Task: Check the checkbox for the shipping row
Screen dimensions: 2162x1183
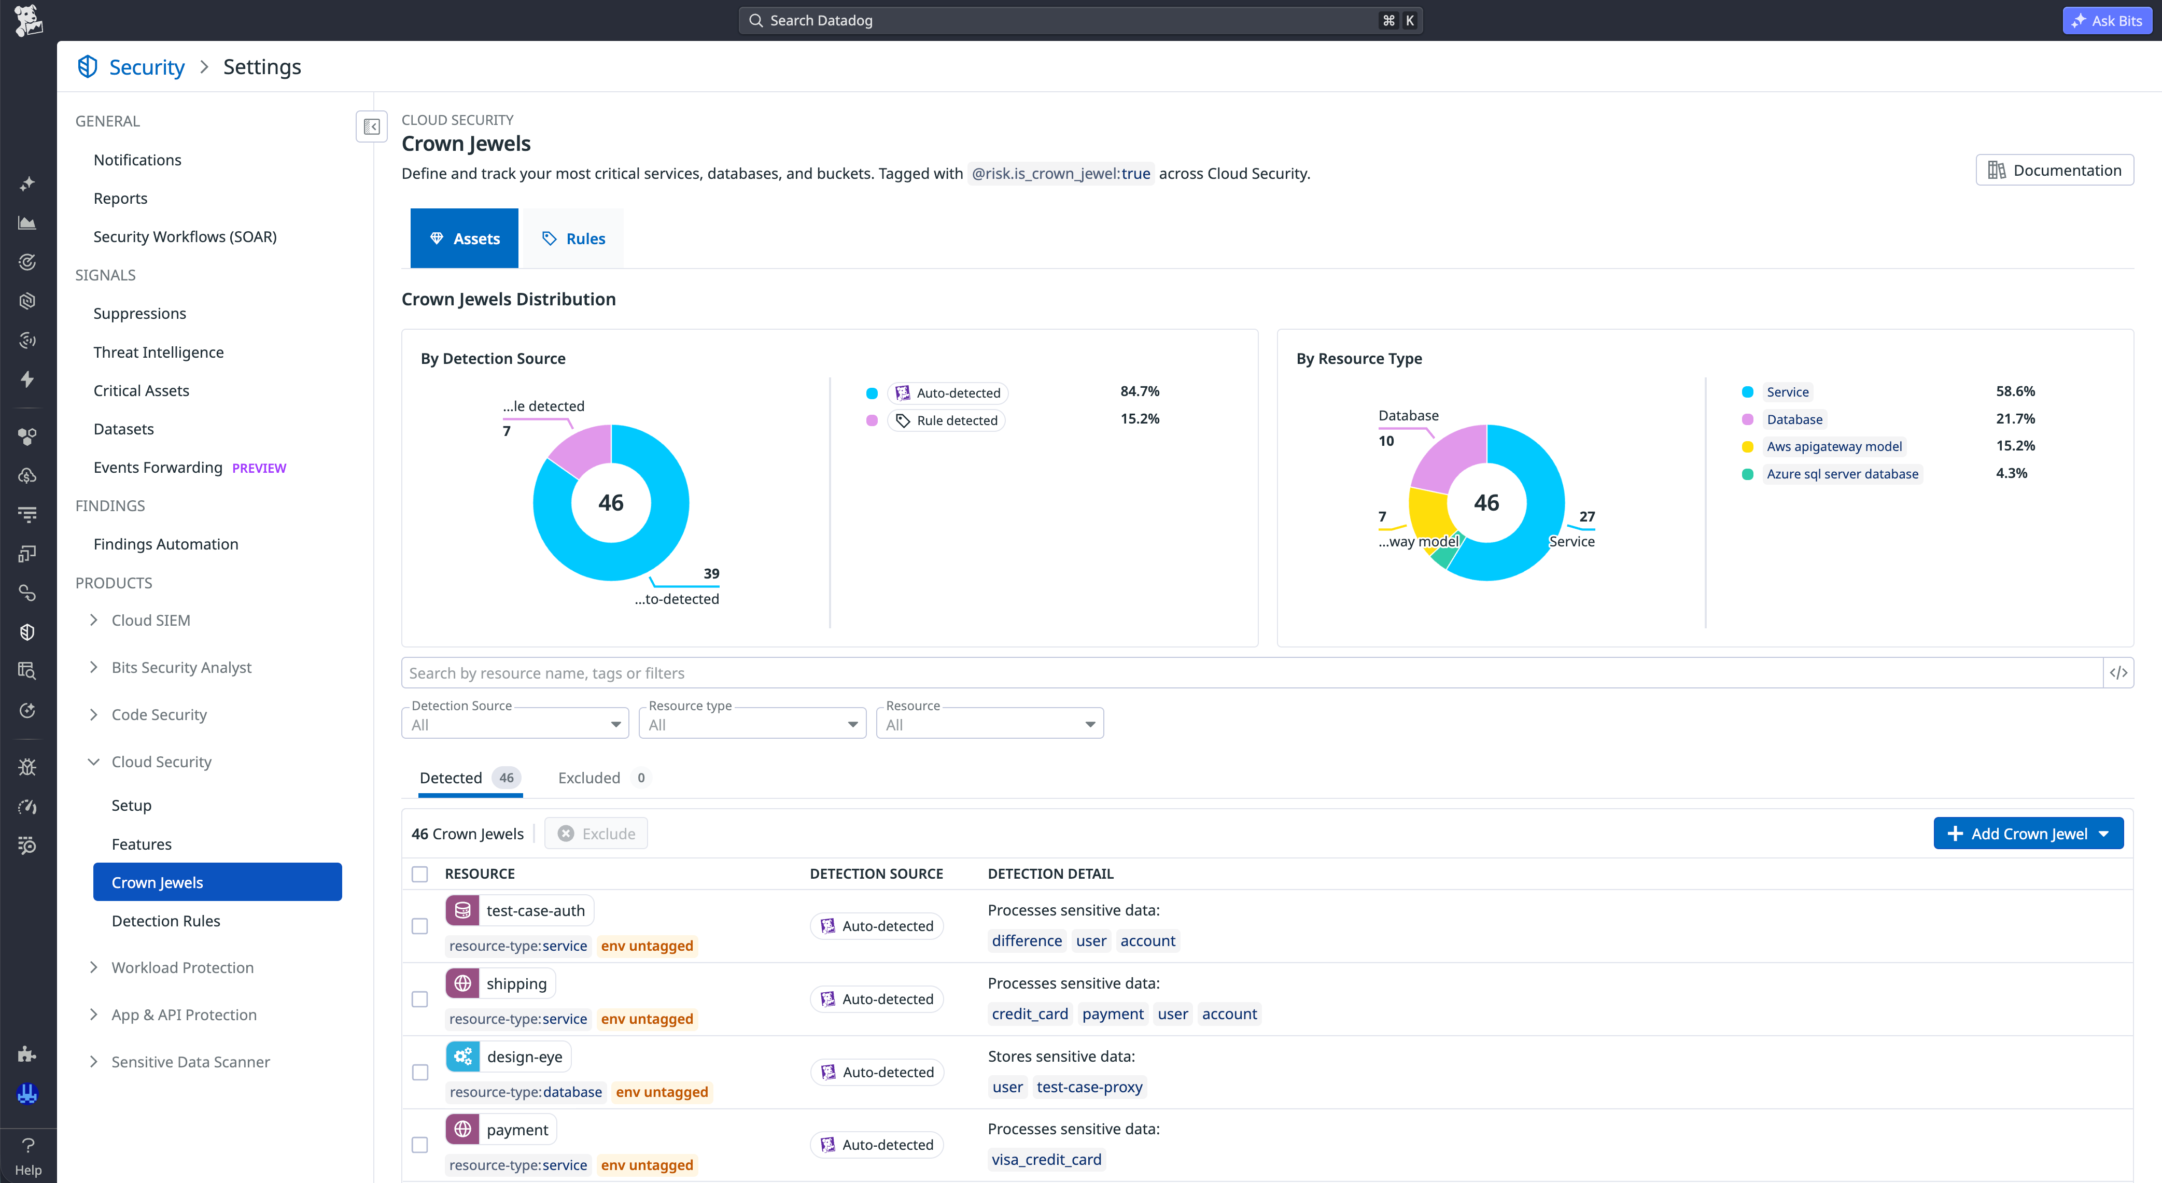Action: point(419,999)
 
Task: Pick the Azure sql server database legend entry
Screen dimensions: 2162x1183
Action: point(1842,474)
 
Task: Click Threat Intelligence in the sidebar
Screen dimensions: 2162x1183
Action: point(159,353)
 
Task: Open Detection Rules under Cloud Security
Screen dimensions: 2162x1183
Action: point(166,921)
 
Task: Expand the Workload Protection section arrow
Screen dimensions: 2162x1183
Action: point(93,967)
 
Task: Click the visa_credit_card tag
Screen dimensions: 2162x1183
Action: point(1047,1160)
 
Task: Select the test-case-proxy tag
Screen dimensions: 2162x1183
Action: point(1089,1087)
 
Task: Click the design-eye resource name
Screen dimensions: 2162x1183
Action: point(525,1057)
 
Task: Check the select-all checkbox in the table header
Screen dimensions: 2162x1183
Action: point(419,874)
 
